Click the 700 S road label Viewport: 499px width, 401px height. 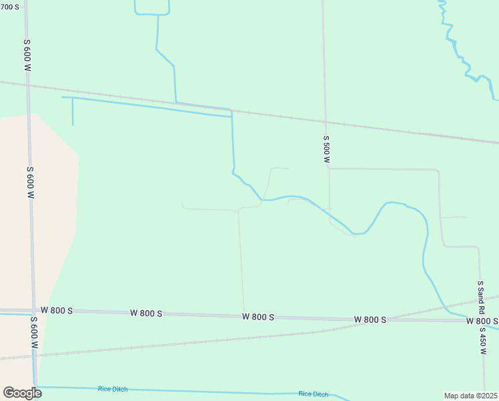click(x=10, y=7)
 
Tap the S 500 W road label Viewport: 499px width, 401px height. click(x=326, y=150)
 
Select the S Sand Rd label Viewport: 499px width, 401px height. click(x=480, y=296)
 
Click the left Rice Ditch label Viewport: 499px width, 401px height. click(x=112, y=389)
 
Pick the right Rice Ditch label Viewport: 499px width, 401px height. click(x=313, y=394)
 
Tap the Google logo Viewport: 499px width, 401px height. click(x=22, y=393)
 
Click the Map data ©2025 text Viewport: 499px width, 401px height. click(x=471, y=395)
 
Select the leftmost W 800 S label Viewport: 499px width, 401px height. click(x=57, y=311)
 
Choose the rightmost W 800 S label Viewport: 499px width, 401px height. click(x=482, y=321)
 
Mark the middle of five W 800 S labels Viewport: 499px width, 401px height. click(x=258, y=316)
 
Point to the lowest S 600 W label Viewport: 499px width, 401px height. click(x=33, y=331)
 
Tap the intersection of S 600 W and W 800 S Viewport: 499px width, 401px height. click(x=32, y=311)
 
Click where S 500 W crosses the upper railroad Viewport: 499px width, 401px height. click(x=325, y=122)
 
